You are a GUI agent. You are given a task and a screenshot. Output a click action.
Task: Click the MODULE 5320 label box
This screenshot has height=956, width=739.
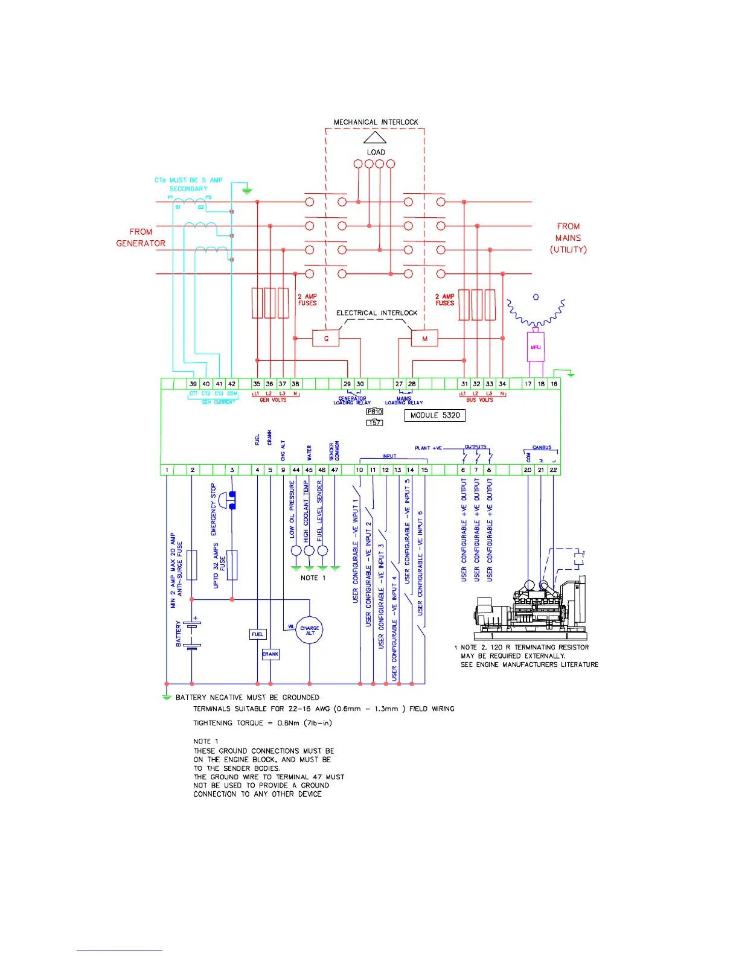435,415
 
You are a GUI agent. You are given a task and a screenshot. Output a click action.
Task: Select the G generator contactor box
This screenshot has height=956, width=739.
326,339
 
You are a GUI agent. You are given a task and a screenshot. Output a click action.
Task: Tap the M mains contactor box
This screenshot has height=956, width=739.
424,339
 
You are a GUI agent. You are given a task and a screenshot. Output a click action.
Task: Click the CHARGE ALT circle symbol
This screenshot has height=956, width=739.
310,630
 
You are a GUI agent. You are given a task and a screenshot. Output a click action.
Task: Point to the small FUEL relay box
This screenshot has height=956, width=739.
258,634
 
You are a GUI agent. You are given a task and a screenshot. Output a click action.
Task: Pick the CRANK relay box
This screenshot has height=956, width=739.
270,654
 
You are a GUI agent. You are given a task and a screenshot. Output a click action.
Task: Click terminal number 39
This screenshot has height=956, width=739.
193,384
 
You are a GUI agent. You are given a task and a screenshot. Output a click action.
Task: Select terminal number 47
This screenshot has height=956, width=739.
334,470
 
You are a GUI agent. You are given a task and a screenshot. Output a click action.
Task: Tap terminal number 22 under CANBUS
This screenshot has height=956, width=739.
554,470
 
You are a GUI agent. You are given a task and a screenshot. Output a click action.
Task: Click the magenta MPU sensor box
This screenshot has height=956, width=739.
536,347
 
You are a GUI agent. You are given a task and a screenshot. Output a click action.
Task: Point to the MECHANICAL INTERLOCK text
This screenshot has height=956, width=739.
376,122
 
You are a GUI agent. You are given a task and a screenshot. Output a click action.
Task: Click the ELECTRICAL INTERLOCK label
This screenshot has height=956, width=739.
377,313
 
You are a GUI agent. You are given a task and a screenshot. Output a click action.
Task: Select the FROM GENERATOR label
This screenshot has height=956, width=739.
141,237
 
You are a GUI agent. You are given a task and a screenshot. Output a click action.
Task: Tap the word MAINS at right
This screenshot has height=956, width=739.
568,238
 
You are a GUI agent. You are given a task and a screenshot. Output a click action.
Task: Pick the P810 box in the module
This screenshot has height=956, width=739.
375,412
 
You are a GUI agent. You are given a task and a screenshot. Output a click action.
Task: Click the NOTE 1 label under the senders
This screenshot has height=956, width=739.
313,578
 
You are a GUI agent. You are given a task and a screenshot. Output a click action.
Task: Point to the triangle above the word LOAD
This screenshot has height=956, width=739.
374,137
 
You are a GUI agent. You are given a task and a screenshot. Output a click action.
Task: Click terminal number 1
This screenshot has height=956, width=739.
167,470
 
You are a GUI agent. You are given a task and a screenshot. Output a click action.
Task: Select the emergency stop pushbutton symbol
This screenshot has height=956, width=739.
227,500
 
